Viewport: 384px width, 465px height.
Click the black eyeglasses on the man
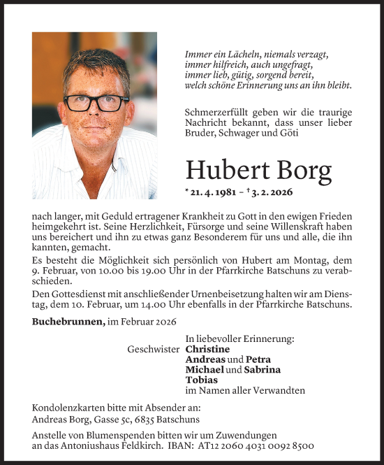tap(96, 102)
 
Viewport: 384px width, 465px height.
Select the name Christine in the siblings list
tap(207, 349)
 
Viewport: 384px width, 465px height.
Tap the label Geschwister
tap(153, 349)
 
